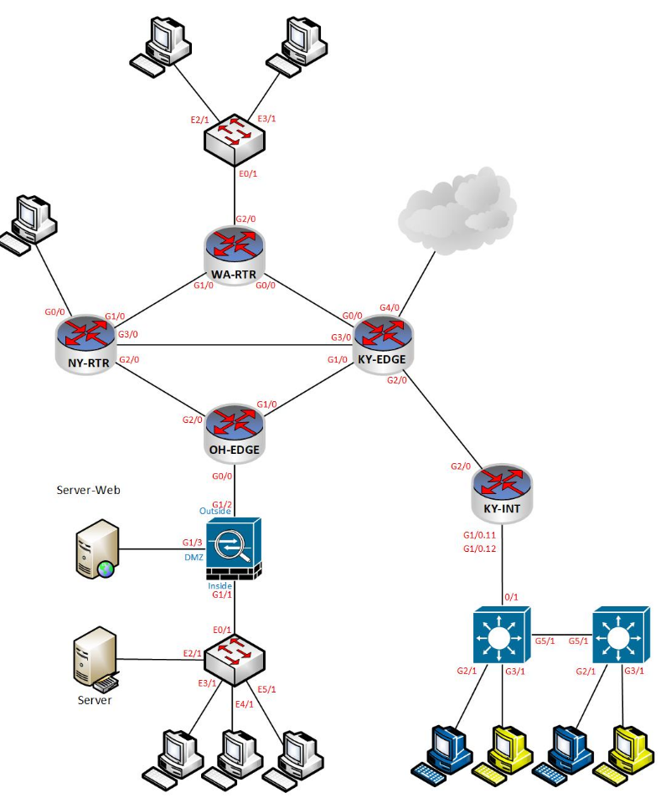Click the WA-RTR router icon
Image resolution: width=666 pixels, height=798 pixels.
234,247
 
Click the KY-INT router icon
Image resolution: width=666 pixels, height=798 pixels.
501,485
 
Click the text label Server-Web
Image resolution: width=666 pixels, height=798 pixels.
88,490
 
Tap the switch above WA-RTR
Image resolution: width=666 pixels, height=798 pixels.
234,134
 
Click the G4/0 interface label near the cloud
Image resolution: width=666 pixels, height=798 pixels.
390,307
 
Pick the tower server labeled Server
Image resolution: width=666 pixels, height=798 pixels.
94,662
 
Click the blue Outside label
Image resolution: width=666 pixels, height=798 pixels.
214,511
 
